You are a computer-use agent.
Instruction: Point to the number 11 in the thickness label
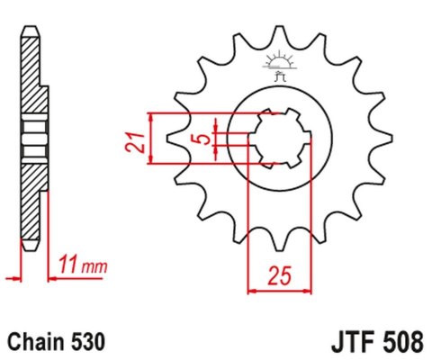(x=67, y=265)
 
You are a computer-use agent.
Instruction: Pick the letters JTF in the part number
(x=344, y=342)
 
